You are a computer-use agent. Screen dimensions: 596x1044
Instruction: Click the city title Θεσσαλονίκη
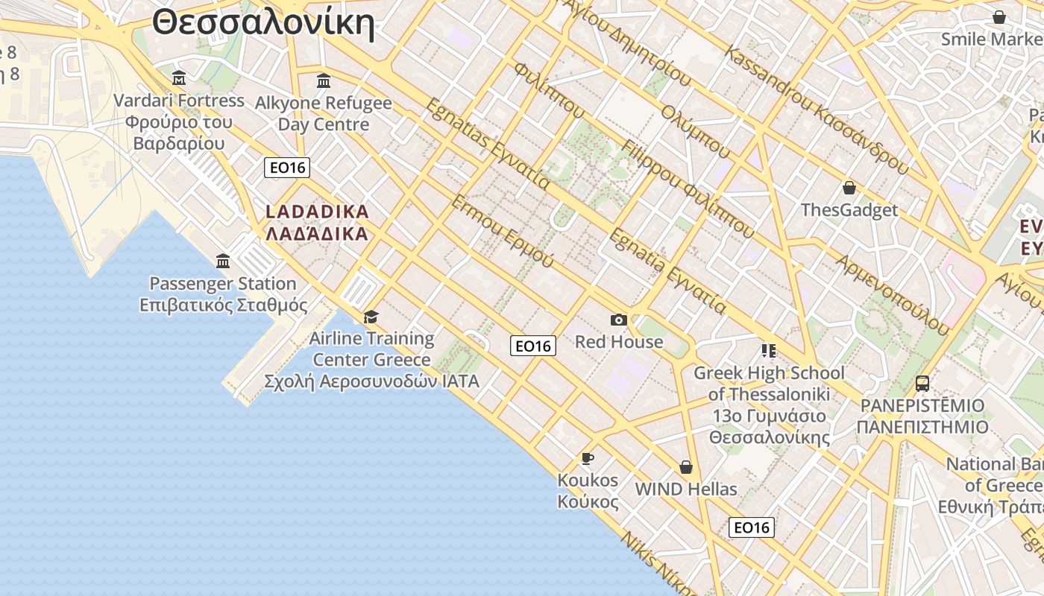(263, 22)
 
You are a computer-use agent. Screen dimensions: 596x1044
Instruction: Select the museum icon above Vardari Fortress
(179, 77)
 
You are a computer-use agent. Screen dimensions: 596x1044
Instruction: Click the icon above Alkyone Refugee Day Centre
(324, 80)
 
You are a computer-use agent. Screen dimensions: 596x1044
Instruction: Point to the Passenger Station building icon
(223, 261)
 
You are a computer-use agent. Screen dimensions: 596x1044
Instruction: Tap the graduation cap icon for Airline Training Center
(371, 317)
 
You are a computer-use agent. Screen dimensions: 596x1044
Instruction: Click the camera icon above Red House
(618, 320)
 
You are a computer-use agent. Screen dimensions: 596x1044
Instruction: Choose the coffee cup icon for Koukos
(588, 457)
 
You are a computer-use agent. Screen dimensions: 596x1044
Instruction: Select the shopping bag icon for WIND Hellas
(686, 467)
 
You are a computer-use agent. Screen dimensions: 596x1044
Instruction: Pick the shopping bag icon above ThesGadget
(849, 188)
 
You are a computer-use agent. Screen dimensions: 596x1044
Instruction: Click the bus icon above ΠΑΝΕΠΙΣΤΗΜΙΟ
(922, 384)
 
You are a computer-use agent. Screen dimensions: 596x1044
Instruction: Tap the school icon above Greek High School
(769, 350)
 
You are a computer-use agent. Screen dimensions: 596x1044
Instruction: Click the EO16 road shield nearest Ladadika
(287, 168)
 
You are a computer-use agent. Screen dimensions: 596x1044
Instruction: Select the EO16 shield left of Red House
(533, 346)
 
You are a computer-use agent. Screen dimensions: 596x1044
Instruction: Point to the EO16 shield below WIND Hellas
(751, 527)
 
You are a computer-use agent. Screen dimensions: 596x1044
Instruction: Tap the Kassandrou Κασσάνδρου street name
(817, 112)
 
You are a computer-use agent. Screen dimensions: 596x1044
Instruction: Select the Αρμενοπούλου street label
(893, 295)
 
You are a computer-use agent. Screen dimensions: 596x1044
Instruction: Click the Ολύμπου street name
(695, 131)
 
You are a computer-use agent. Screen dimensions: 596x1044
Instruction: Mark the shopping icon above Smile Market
(999, 17)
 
